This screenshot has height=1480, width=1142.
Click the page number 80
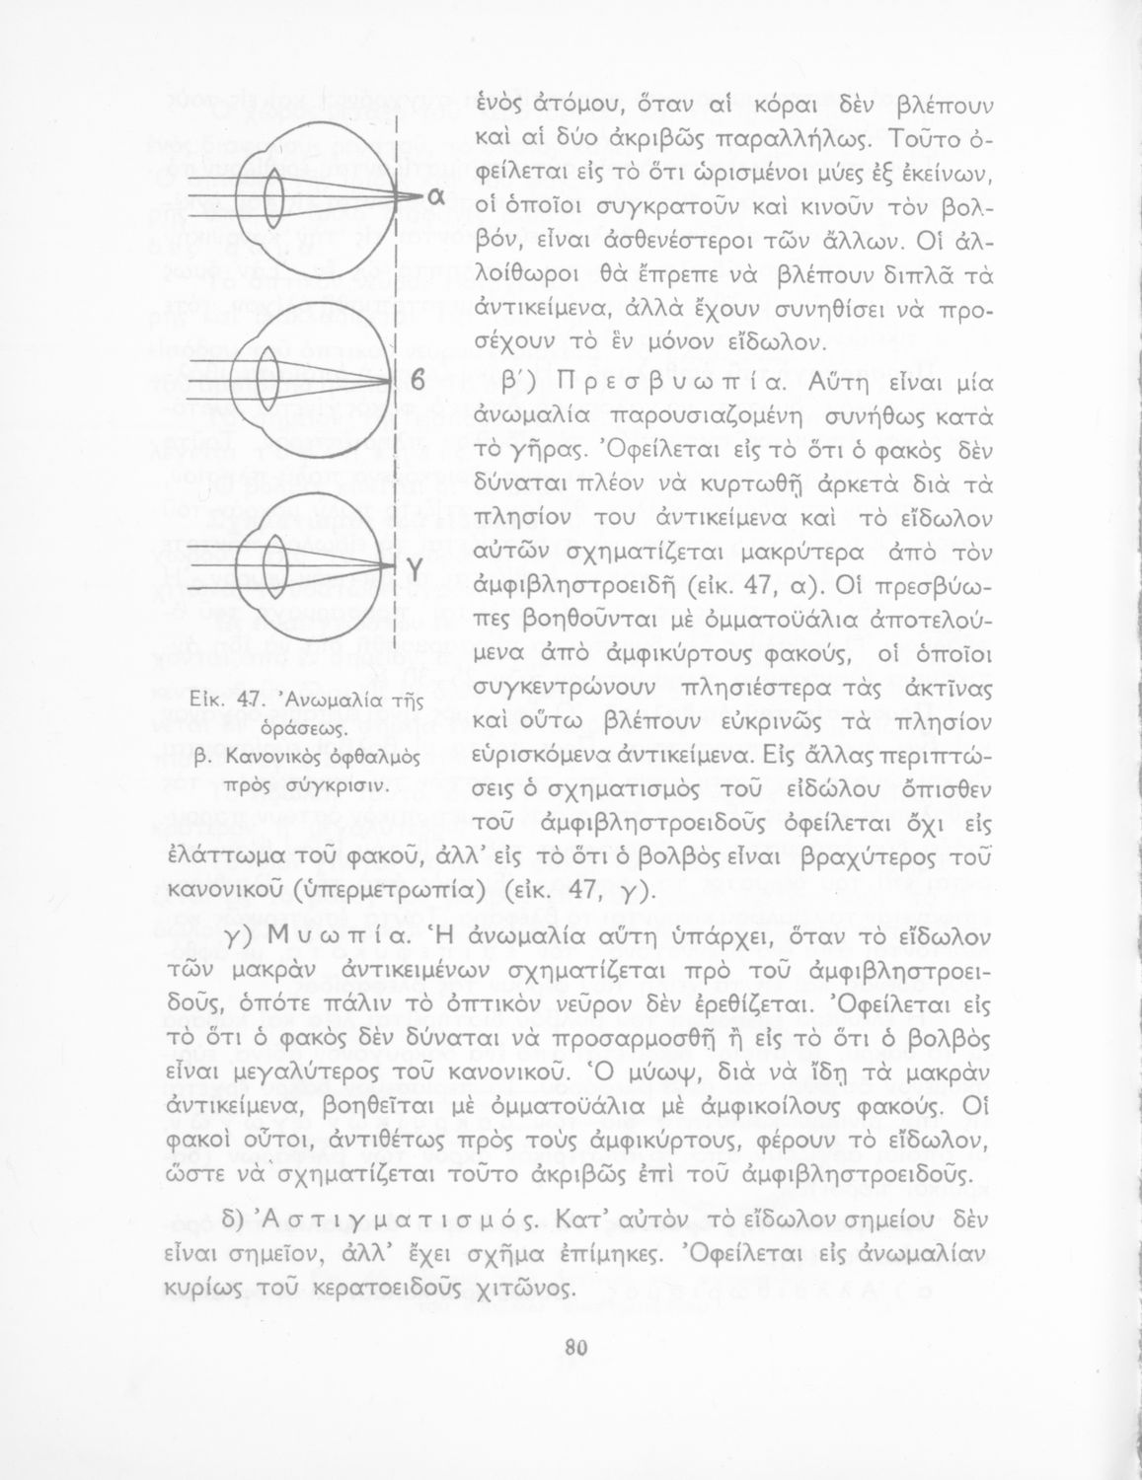tap(572, 1348)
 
